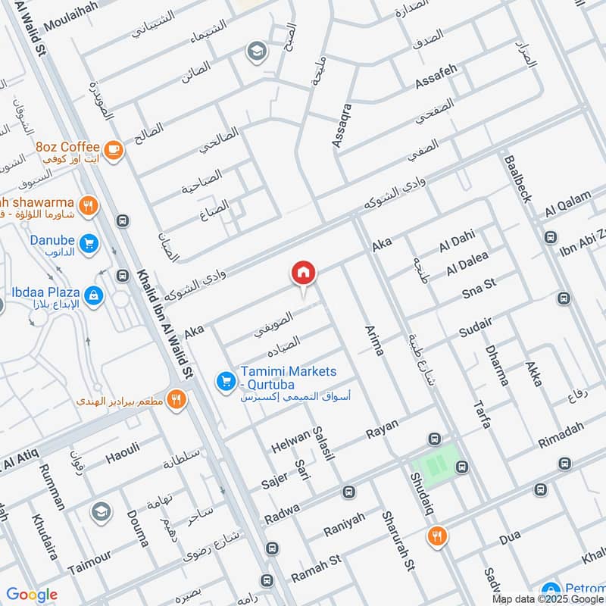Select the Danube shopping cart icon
coord(89,244)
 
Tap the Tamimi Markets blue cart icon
coord(225,381)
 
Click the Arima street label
coord(375,339)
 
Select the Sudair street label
coord(476,328)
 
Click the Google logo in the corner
coord(32,595)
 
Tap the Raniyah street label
coord(344,523)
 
